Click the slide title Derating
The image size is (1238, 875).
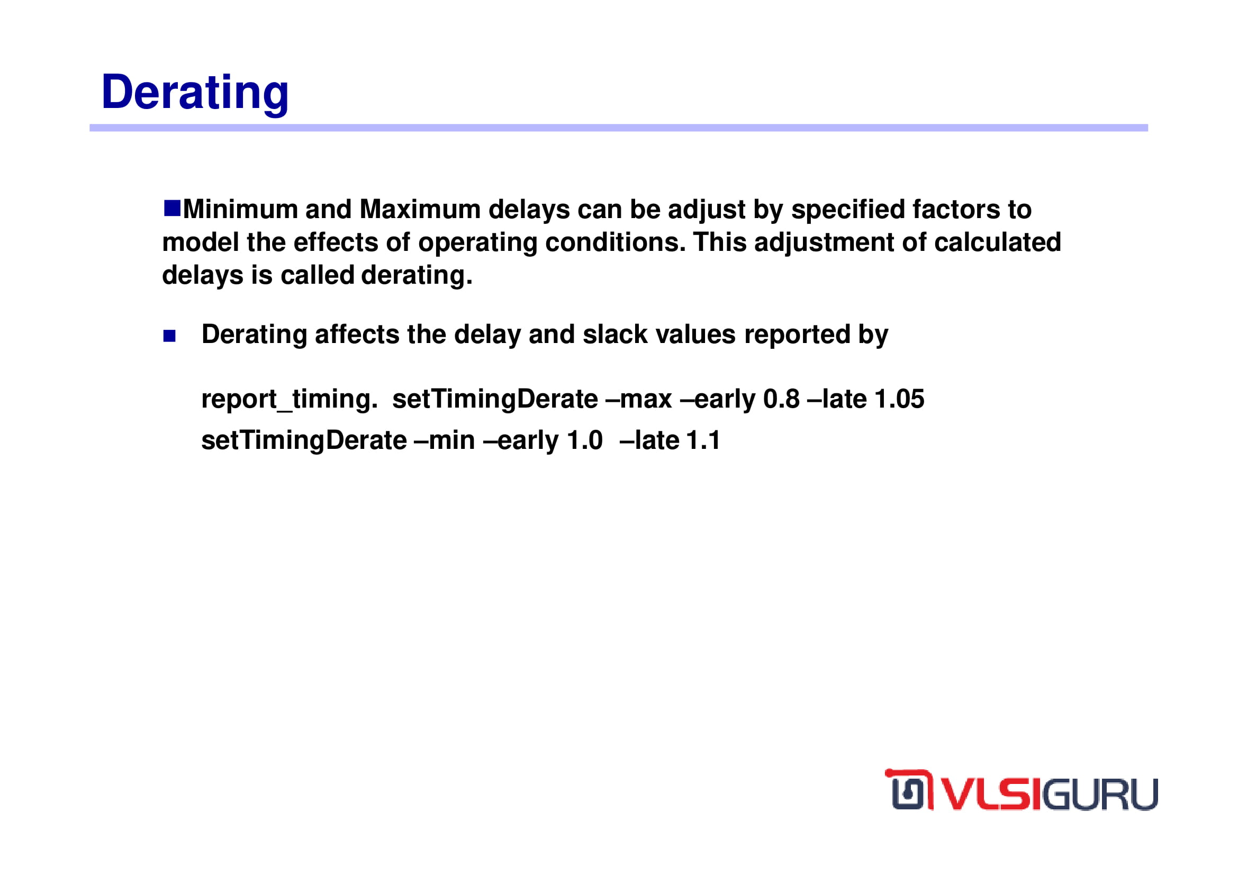click(195, 93)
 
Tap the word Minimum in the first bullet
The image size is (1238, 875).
click(240, 209)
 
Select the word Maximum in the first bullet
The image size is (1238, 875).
click(420, 209)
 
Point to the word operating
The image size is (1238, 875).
click(478, 243)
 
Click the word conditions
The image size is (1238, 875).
click(615, 242)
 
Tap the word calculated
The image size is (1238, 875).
click(998, 242)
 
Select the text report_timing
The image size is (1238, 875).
click(290, 400)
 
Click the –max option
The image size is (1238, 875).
click(639, 400)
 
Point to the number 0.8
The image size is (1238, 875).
click(781, 400)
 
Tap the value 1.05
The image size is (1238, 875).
click(899, 400)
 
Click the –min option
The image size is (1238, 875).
click(444, 440)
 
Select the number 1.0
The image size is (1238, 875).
click(585, 440)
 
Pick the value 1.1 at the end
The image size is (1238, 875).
click(703, 440)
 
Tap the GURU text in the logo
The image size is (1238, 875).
click(1101, 793)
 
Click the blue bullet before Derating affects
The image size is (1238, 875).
click(169, 336)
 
